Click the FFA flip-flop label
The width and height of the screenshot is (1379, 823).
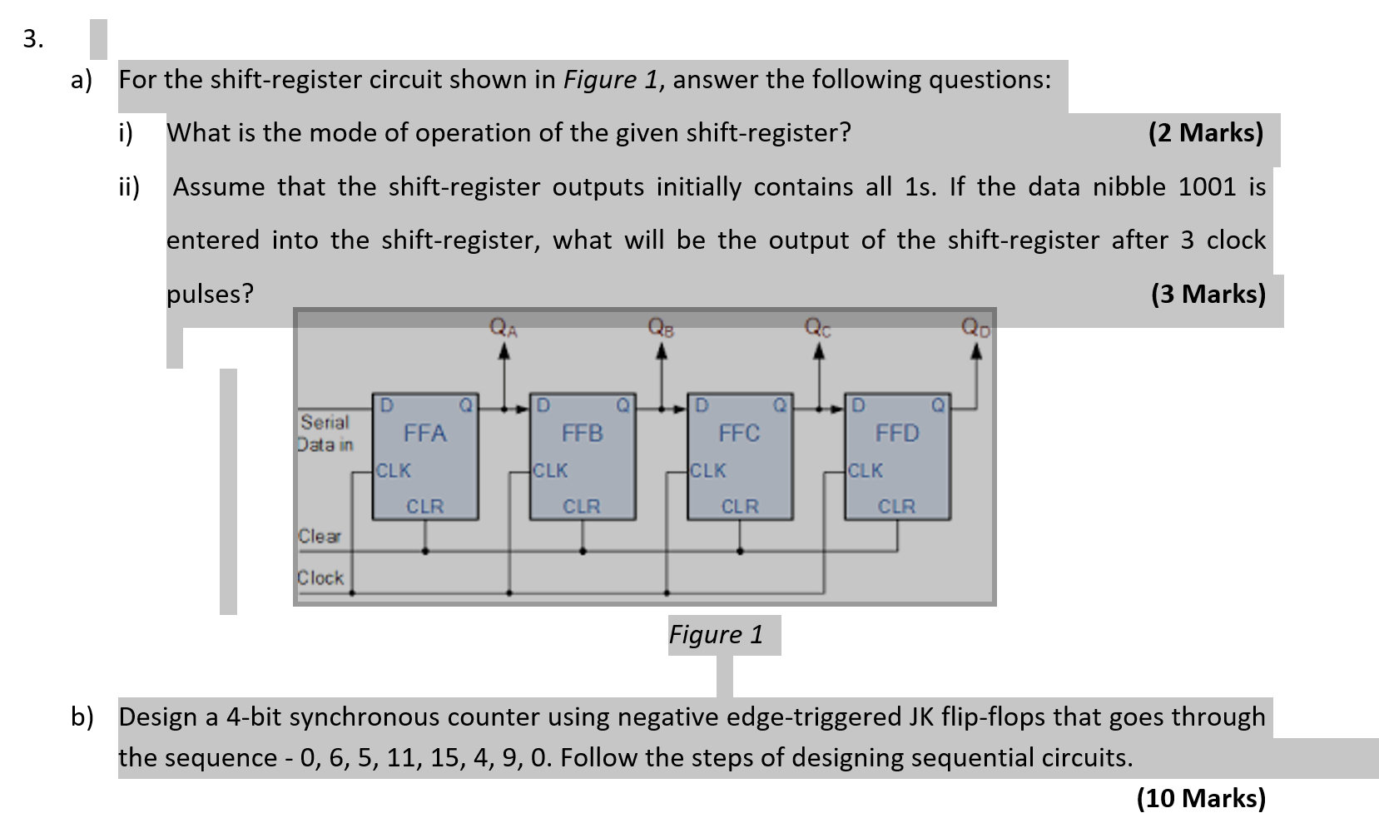[424, 433]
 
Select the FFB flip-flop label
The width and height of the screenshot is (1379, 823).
[582, 433]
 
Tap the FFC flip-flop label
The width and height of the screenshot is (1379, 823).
[739, 433]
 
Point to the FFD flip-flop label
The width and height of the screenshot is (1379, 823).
[896, 433]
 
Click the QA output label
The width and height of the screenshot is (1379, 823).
[503, 327]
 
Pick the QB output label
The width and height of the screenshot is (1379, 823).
[661, 327]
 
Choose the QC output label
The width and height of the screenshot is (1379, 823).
[817, 327]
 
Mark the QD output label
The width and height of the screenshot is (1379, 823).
[976, 327]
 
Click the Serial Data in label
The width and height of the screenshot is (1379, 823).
[325, 433]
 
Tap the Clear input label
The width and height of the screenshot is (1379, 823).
[320, 536]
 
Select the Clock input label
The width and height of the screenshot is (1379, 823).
[320, 577]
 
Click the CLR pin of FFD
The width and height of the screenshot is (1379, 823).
[896, 506]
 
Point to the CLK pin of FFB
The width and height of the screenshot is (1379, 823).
[550, 470]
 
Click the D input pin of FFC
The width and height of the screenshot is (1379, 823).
[702, 405]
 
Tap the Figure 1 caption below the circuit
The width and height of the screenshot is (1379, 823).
[716, 634]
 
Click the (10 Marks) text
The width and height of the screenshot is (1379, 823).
[1201, 798]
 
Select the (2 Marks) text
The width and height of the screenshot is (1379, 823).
[1205, 132]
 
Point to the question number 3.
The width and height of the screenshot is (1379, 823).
[32, 38]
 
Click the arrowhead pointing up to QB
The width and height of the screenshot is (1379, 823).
[662, 350]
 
